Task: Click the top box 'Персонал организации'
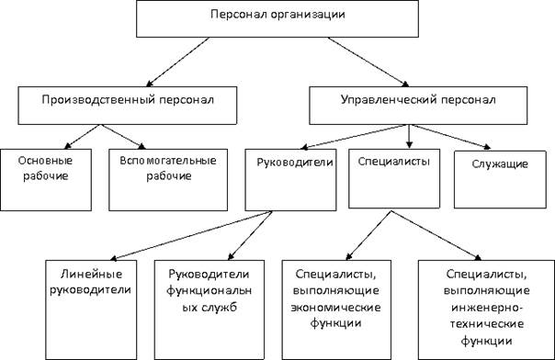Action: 277,18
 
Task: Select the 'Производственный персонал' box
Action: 128,106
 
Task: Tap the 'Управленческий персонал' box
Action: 418,106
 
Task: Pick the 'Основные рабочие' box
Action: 46,180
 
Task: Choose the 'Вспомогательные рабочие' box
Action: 168,180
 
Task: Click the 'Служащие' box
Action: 500,179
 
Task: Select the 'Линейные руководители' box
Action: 91,309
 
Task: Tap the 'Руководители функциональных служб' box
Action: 210,309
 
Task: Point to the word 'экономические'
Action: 336,308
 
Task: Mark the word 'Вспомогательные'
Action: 168,161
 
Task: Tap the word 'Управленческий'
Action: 389,100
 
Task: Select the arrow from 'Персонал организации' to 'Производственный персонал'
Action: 178,62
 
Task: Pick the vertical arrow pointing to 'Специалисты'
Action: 409,136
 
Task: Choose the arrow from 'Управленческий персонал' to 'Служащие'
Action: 450,137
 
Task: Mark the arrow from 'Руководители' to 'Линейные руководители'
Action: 191,235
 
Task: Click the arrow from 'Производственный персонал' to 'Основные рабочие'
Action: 83,137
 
